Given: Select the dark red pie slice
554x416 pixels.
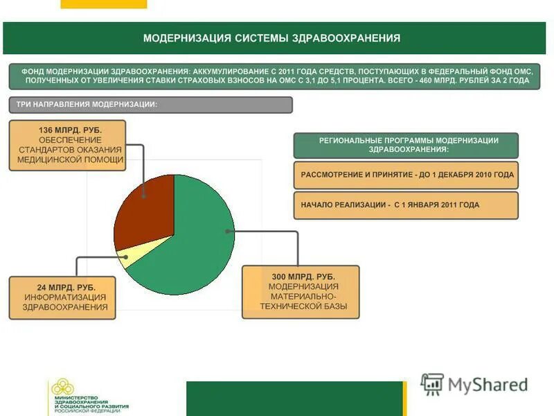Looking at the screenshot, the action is point(142,211).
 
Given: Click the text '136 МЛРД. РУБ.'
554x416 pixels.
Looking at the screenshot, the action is point(70,130).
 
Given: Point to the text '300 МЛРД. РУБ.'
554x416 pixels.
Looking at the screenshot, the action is point(301,277).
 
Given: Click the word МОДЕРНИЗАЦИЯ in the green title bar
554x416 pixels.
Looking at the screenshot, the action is point(186,38).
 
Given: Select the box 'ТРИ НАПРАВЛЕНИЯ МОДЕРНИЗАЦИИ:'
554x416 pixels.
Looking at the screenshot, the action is point(150,105).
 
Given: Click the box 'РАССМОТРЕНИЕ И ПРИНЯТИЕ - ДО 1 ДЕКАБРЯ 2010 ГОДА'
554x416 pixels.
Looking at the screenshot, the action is point(406,175).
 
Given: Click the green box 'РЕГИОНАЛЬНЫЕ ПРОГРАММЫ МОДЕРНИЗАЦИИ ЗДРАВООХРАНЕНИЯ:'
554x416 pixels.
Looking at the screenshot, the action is point(406,145).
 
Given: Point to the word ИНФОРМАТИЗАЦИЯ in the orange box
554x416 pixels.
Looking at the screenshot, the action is point(61,297).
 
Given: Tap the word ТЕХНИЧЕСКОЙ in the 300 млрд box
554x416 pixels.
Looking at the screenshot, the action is point(300,306).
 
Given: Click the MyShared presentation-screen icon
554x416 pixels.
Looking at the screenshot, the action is point(432,384).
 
